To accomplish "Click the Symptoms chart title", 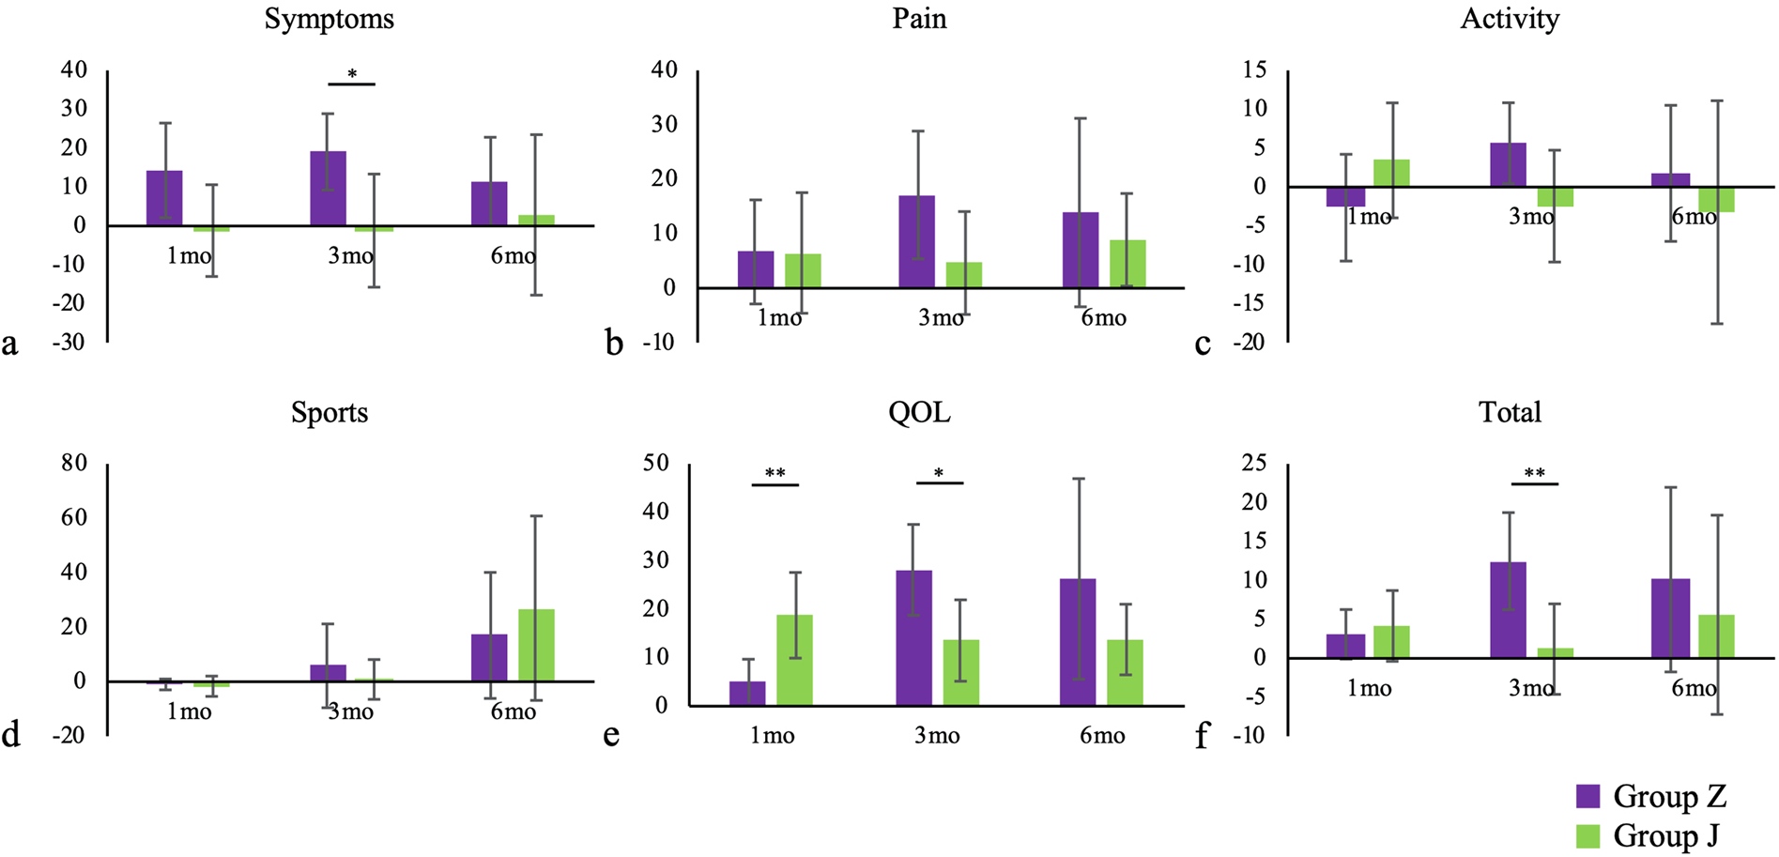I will [x=329, y=20].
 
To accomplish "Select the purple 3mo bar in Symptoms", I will [x=328, y=189].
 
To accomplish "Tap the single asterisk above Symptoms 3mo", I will [x=352, y=74].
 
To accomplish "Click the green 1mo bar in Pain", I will [x=803, y=270].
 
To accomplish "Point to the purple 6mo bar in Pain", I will [x=1080, y=250].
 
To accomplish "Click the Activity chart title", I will [x=1509, y=20].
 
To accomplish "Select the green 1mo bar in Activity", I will [x=1391, y=174].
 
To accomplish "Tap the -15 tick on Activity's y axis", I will [x=1254, y=303].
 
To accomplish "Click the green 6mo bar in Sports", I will [x=536, y=645].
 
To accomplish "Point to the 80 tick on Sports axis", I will [x=73, y=463].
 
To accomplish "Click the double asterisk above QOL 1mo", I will [x=774, y=474].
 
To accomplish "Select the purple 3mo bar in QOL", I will [x=913, y=637].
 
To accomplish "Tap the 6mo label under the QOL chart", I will [x=1102, y=736].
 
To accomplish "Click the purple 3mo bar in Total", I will [x=1508, y=610].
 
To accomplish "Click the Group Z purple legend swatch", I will [x=1587, y=796].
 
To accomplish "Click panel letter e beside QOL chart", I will [x=611, y=735].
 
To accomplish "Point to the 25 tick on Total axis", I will [x=1254, y=463].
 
